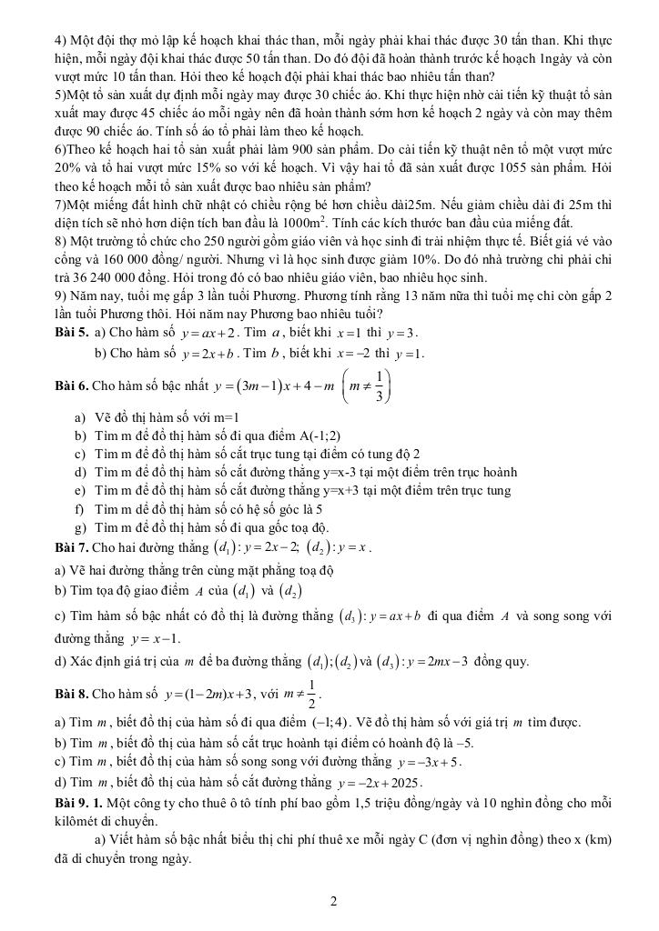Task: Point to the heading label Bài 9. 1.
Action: [78, 802]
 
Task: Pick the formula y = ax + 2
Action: [212, 333]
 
